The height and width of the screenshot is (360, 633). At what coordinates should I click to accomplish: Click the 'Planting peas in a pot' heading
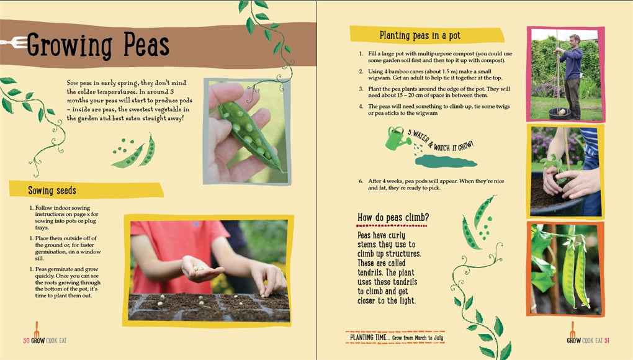point(420,35)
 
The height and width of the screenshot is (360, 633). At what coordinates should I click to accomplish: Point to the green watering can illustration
point(395,138)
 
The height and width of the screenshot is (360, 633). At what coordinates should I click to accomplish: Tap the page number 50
point(26,341)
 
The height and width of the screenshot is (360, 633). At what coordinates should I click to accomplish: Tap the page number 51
point(607,341)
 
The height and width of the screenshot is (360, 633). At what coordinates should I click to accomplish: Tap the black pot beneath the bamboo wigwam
point(559,114)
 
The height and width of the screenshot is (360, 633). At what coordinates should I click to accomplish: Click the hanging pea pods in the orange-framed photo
point(575,272)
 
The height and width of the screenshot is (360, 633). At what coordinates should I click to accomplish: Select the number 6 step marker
point(361,181)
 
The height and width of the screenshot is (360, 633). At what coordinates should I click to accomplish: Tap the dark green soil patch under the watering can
point(446,161)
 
